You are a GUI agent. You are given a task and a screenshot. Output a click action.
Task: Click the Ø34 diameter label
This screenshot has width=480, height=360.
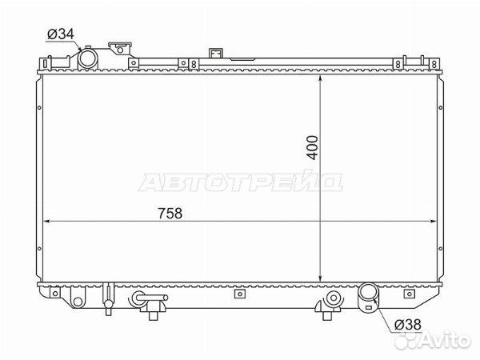[x=60, y=34]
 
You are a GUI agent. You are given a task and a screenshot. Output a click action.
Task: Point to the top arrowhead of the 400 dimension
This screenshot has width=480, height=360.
[x=322, y=74]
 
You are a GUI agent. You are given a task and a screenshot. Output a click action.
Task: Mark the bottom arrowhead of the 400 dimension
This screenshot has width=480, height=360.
[x=322, y=276]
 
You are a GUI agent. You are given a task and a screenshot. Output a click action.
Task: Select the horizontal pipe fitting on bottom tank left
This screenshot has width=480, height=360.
[x=149, y=301]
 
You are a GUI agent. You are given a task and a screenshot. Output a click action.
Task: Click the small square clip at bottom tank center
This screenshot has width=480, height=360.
[x=237, y=293]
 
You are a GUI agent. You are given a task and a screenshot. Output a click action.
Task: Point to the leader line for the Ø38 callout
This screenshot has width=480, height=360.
[x=387, y=315]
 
